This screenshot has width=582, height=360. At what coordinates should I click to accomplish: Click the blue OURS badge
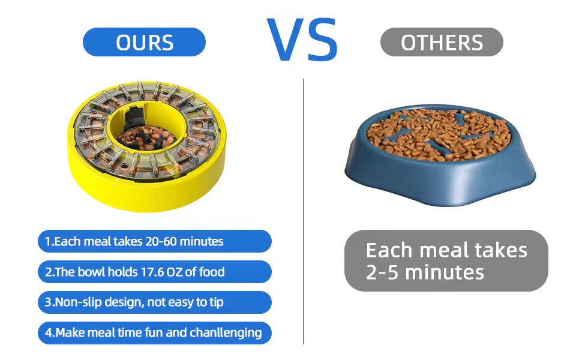(144, 42)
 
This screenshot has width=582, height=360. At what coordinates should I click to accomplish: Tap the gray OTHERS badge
(442, 42)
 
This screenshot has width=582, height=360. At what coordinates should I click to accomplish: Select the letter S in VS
(323, 40)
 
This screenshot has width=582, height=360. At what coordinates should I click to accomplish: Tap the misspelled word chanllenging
(226, 333)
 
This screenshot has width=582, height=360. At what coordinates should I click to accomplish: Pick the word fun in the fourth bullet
(154, 332)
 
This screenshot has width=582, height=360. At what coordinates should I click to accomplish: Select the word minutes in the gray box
(445, 272)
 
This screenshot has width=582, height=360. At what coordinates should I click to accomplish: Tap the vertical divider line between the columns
(304, 212)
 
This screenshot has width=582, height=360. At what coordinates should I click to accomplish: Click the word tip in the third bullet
(216, 302)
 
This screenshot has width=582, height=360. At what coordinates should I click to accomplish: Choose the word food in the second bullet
(212, 272)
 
